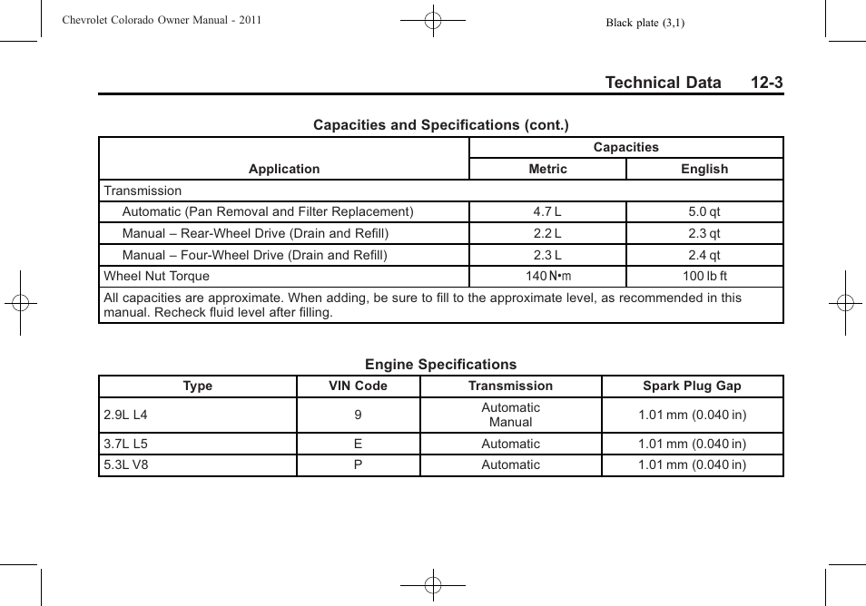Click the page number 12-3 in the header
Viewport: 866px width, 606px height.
pyautogui.click(x=766, y=83)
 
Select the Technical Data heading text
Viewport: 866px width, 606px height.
pyautogui.click(x=663, y=83)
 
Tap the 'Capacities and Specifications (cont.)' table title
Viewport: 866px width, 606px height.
pyautogui.click(x=440, y=125)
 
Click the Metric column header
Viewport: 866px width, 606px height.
pyautogui.click(x=547, y=169)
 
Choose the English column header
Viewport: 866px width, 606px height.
pyautogui.click(x=704, y=169)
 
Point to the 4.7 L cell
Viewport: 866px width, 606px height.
pyautogui.click(x=547, y=212)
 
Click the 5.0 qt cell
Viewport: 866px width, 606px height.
pyautogui.click(x=704, y=212)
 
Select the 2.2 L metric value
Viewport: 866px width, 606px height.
pyautogui.click(x=547, y=234)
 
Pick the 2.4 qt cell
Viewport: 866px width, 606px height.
pyautogui.click(x=704, y=256)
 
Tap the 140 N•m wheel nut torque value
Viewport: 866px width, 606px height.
pyautogui.click(x=548, y=277)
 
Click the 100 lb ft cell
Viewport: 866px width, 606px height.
pyautogui.click(x=704, y=277)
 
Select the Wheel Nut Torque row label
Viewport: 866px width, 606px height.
pyautogui.click(x=156, y=277)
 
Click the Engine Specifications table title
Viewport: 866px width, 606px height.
pyautogui.click(x=440, y=365)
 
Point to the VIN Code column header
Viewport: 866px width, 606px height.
pyautogui.click(x=358, y=386)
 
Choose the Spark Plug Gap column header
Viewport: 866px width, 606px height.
pyautogui.click(x=692, y=386)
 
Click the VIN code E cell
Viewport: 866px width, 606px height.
pyautogui.click(x=358, y=445)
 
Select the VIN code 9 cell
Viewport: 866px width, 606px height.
pyautogui.click(x=358, y=415)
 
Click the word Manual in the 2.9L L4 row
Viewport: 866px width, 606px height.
pyautogui.click(x=510, y=423)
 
